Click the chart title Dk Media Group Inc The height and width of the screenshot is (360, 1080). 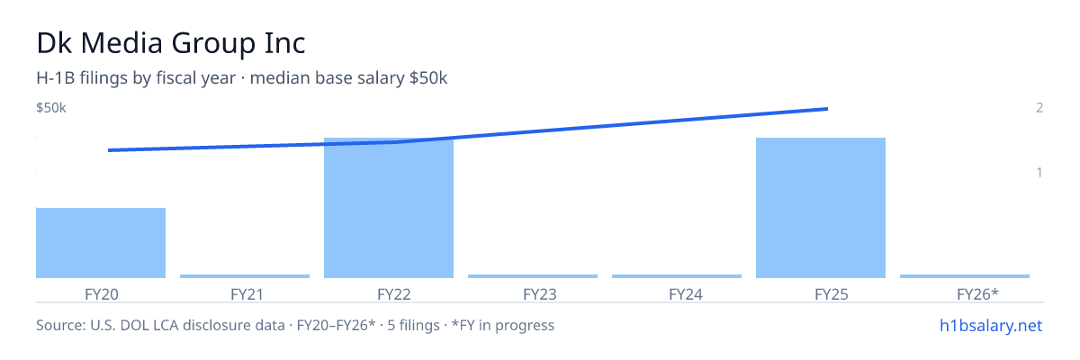(171, 43)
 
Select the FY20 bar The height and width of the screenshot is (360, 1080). (101, 243)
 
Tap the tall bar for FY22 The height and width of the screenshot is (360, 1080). (389, 208)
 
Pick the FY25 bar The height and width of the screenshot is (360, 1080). (821, 208)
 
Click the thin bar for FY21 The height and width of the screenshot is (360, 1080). (245, 276)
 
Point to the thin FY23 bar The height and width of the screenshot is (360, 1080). (533, 276)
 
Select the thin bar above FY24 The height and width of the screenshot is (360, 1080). (677, 276)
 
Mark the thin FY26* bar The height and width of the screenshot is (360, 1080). (965, 276)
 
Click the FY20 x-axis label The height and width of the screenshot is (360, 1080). (101, 294)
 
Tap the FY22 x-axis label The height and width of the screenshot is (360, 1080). (394, 294)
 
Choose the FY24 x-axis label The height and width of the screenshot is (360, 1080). (686, 294)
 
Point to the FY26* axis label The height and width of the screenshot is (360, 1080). (977, 293)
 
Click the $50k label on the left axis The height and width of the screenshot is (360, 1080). (51, 107)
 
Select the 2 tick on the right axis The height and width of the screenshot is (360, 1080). (1039, 107)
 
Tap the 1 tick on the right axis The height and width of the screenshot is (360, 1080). (1039, 172)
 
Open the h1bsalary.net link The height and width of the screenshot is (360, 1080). (991, 326)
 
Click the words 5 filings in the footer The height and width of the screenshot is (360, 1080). (413, 325)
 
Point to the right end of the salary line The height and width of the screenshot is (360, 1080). (828, 109)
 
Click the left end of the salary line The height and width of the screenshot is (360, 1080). (109, 150)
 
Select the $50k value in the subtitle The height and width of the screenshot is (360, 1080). (428, 77)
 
